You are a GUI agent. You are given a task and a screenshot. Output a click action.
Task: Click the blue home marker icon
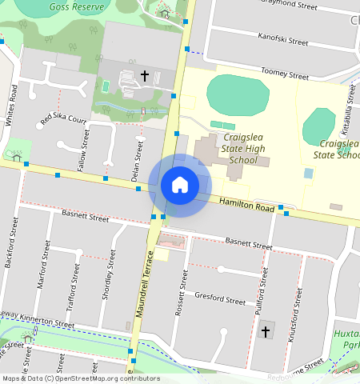point(180,185)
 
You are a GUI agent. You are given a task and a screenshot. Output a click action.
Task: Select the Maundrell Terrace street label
point(144,283)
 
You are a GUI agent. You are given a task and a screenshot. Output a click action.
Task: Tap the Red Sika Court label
point(63,119)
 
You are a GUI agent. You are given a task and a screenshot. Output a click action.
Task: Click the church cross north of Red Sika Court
point(145,75)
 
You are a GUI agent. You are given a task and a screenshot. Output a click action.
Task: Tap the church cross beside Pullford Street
point(266,330)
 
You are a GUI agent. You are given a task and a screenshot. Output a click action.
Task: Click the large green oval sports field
point(238,95)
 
